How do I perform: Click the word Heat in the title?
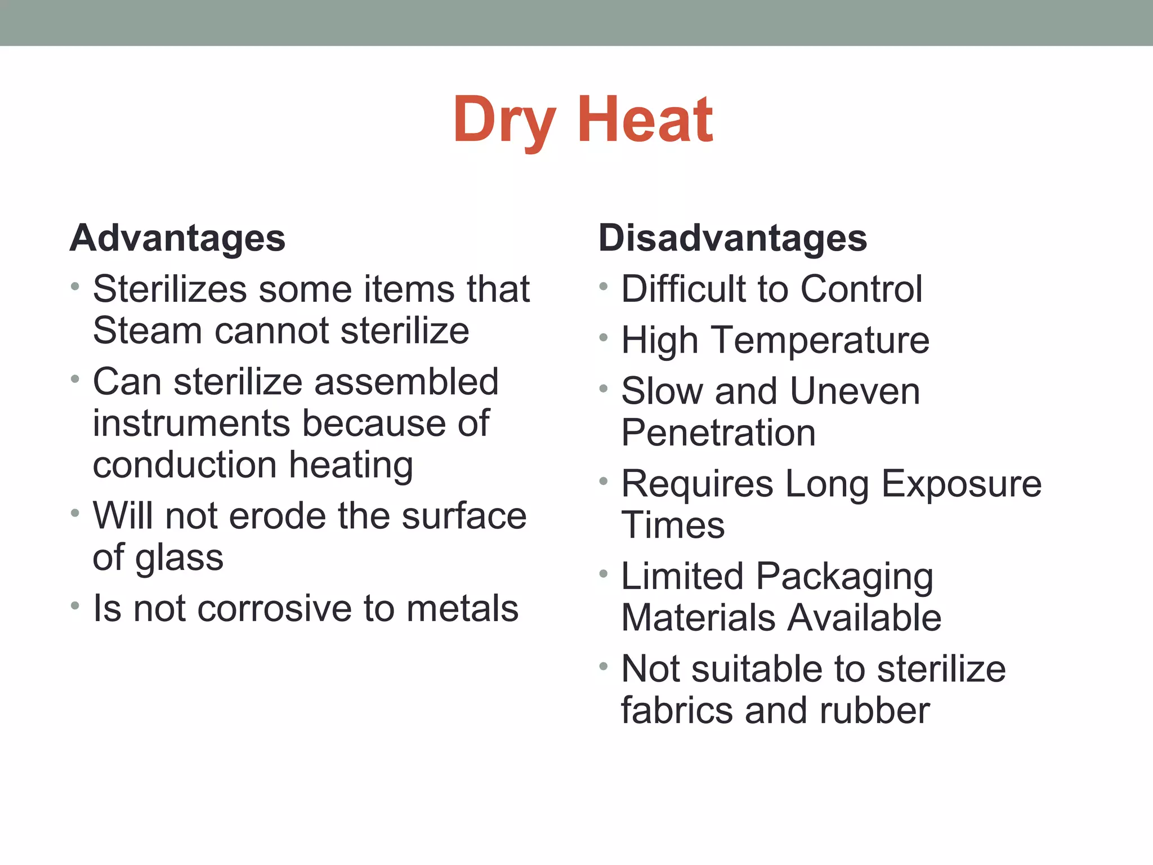(x=645, y=120)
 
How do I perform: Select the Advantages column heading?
(x=178, y=238)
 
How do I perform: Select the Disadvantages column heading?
(x=732, y=238)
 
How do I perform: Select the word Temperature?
(x=821, y=341)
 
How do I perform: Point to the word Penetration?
(x=718, y=433)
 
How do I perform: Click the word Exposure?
(x=962, y=484)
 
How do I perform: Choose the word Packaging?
(x=844, y=578)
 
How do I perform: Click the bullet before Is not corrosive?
(x=75, y=606)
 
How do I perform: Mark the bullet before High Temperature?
(x=604, y=338)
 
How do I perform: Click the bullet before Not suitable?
(x=604, y=667)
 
